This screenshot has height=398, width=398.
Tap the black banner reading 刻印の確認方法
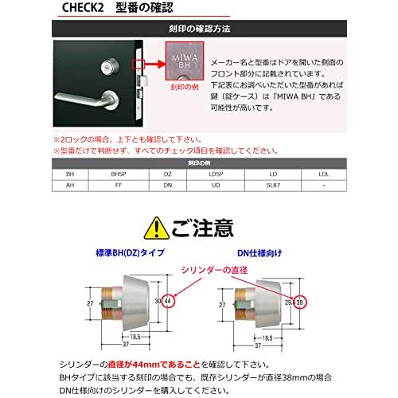198,29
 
